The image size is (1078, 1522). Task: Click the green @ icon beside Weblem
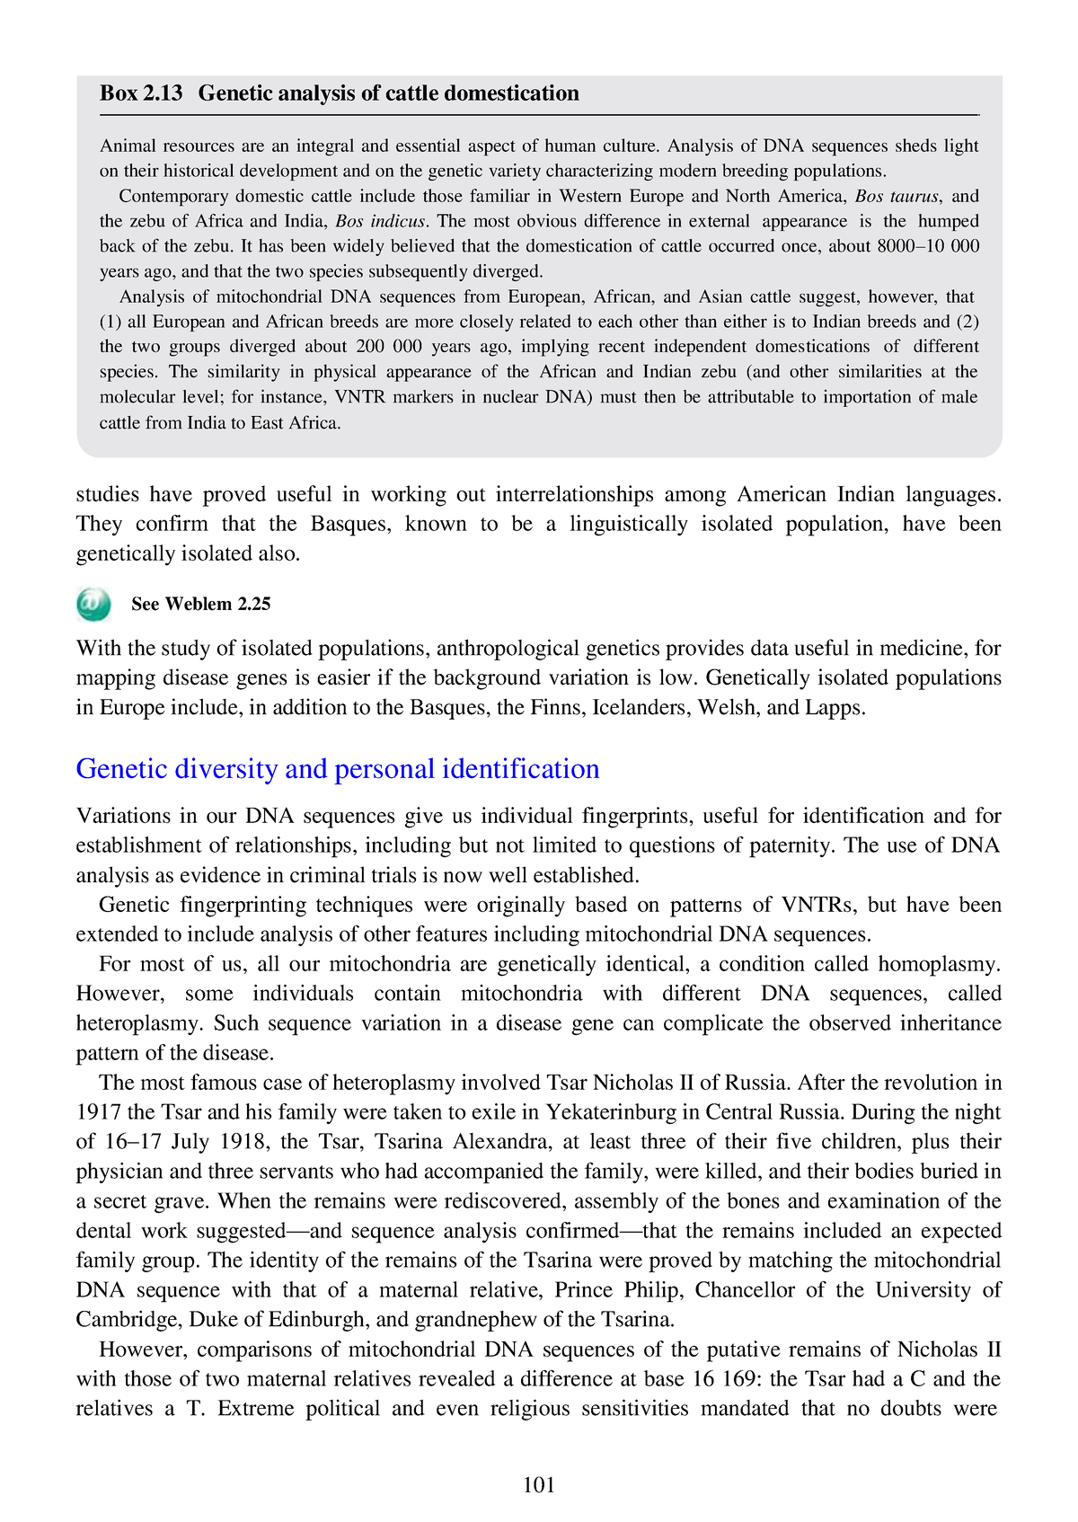pyautogui.click(x=93, y=604)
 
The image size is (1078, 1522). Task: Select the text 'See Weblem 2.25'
pyautogui.click(x=200, y=605)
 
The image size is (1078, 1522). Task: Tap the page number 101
pyautogui.click(x=539, y=1485)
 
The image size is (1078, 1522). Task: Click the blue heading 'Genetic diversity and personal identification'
pyautogui.click(x=338, y=769)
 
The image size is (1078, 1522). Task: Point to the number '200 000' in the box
pyautogui.click(x=389, y=347)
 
